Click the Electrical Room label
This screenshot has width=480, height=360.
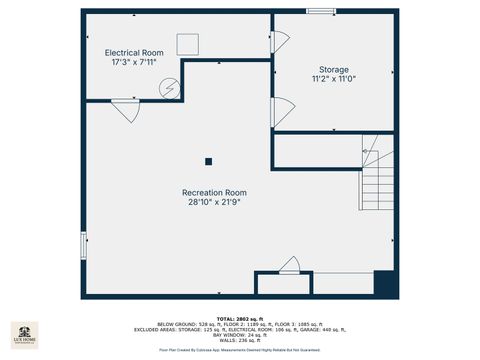tap(134, 52)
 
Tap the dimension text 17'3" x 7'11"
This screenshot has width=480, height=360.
tap(134, 62)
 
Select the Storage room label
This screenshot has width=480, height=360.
tap(334, 69)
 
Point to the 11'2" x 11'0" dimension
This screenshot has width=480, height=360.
tap(334, 79)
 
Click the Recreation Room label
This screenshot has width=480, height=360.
tap(214, 192)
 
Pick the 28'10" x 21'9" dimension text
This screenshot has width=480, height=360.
tap(214, 202)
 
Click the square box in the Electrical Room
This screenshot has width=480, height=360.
tap(189, 44)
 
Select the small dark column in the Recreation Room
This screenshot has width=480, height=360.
tap(209, 160)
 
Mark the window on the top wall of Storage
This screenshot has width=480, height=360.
tap(321, 12)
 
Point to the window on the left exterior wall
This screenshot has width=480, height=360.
tap(83, 239)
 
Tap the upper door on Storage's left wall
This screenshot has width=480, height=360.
tap(280, 42)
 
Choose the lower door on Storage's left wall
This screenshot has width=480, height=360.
tap(281, 111)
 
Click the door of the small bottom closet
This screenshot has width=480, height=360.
tap(290, 266)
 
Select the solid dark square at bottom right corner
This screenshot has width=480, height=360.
tap(385, 283)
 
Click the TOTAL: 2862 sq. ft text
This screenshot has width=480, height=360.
tap(239, 318)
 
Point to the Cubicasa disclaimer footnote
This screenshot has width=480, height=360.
tap(239, 350)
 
